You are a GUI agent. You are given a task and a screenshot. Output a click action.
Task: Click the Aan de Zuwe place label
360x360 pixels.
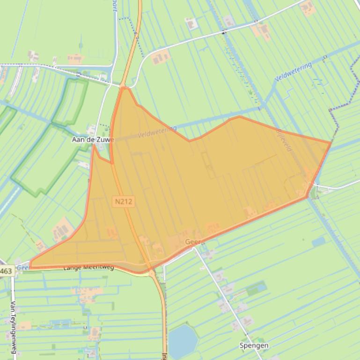pyautogui.click(x=93, y=139)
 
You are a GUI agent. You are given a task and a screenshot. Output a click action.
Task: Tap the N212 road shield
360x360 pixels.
pyautogui.click(x=124, y=202)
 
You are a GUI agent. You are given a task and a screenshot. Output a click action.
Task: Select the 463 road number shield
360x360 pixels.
pyautogui.click(x=6, y=271)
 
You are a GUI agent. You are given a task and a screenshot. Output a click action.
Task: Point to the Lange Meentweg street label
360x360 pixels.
pyautogui.click(x=89, y=268)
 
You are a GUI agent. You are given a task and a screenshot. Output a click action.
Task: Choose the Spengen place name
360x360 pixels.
pyautogui.click(x=254, y=346)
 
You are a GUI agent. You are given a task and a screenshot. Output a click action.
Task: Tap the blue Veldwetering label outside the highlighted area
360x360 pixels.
pyautogui.click(x=293, y=73)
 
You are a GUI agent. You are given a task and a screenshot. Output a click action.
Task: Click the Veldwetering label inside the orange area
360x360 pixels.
pyautogui.click(x=157, y=132)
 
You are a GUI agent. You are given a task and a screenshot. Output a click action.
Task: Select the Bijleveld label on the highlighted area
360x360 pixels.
pyautogui.click(x=284, y=140)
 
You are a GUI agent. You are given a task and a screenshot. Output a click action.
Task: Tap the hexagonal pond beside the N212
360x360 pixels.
pyautogui.click(x=183, y=340)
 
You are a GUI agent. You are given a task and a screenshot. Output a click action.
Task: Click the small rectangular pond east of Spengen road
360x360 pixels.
pyautogui.click(x=319, y=242)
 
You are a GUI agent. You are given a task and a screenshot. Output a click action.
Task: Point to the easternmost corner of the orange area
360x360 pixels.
pyautogui.click(x=331, y=142)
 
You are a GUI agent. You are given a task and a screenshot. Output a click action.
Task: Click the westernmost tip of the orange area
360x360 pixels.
pyautogui.click(x=30, y=265)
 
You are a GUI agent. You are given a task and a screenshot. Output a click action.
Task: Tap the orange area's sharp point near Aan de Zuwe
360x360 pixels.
pyautogui.click(x=94, y=145)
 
